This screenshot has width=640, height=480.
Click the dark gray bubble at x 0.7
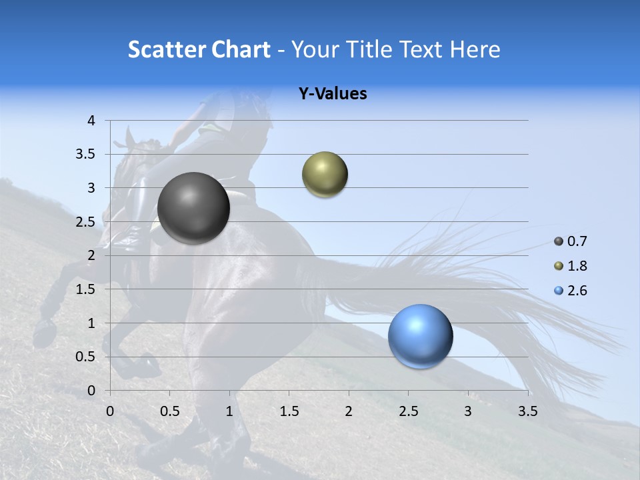[193, 208]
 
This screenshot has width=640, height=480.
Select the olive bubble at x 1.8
[325, 175]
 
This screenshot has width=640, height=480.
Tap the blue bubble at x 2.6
[420, 336]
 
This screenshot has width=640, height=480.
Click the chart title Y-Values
[332, 94]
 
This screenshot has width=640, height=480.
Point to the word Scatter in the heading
[167, 49]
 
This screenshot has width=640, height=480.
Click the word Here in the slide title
[475, 49]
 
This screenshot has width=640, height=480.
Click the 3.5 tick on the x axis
[527, 411]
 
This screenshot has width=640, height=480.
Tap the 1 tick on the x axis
[229, 411]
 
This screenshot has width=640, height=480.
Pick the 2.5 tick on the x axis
[408, 411]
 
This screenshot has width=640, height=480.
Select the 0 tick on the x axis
[110, 411]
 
